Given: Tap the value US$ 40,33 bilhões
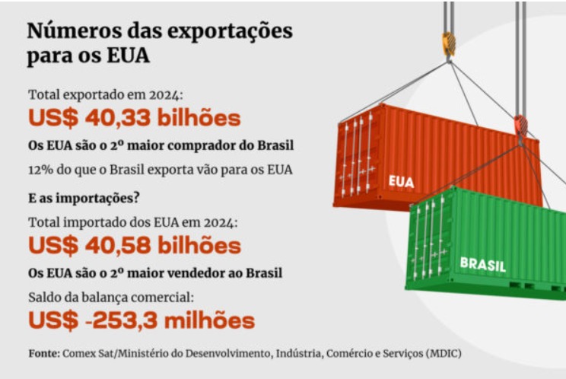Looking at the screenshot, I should click(x=134, y=118).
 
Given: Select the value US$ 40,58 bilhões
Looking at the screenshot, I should click(x=134, y=245).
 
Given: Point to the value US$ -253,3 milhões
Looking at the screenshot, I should click(x=141, y=320).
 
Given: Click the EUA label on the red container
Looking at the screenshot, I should click(x=401, y=182).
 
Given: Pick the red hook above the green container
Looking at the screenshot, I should click(x=520, y=123).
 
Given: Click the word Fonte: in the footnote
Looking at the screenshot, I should click(x=44, y=354).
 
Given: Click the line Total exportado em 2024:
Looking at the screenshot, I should click(x=106, y=95).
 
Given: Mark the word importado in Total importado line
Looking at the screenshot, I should click(x=92, y=223).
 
